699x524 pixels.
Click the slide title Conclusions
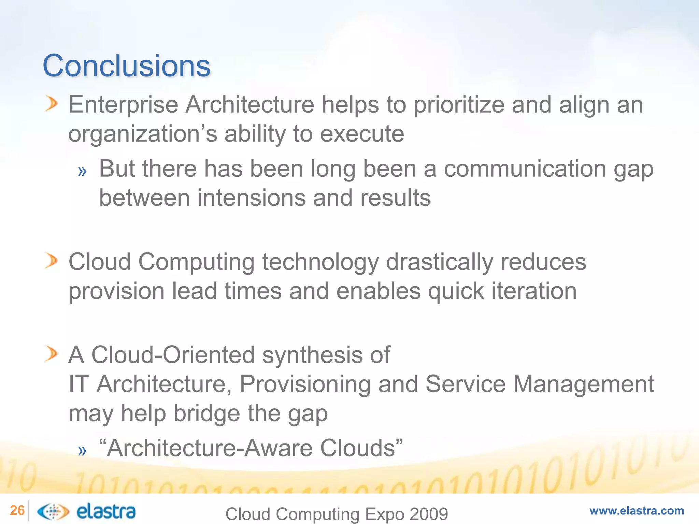[127, 65]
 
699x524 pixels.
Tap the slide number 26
[17, 511]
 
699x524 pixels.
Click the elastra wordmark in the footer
[106, 511]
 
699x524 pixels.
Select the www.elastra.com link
[637, 511]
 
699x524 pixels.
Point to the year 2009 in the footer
[429, 514]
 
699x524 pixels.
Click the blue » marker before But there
[82, 171]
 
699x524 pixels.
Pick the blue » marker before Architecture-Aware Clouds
[82, 451]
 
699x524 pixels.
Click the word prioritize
[459, 105]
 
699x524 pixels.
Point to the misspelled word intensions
[251, 198]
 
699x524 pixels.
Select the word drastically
[440, 262]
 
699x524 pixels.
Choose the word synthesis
[312, 355]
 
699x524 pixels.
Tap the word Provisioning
[305, 384]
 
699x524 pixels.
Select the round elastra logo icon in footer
[53, 511]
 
